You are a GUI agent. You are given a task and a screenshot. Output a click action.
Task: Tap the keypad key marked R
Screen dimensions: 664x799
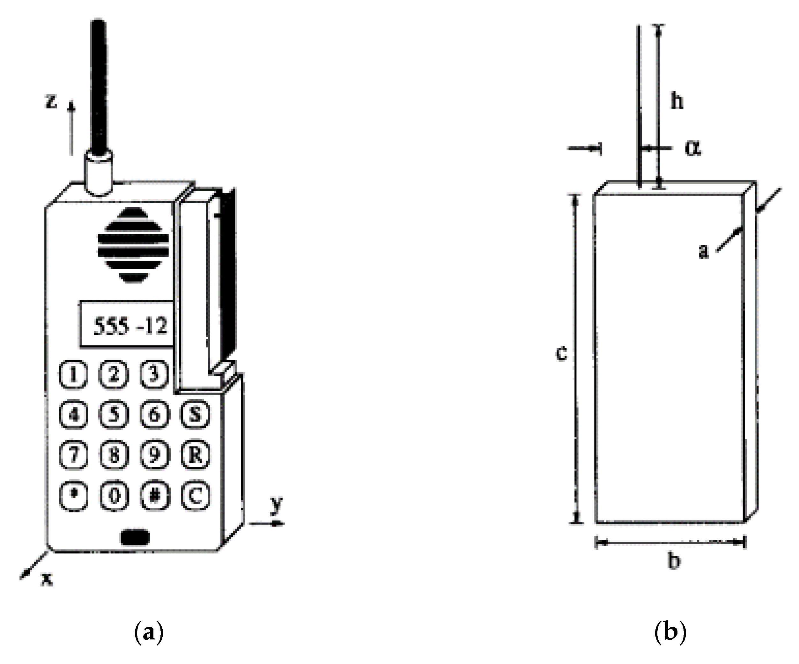coord(195,455)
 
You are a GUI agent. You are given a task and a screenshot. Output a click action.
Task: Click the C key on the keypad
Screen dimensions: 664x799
coord(195,495)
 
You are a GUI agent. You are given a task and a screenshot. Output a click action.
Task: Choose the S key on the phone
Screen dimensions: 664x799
coord(195,414)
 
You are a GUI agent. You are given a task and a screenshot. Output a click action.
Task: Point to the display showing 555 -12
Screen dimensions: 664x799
coord(128,325)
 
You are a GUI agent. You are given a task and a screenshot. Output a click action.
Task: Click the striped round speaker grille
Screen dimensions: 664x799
coord(133,246)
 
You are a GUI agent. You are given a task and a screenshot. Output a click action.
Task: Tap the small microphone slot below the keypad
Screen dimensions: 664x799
coord(135,537)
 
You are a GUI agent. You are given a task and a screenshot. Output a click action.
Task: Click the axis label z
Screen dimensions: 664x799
coord(51,101)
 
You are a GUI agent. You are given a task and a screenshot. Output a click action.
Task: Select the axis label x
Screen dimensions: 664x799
coord(47,579)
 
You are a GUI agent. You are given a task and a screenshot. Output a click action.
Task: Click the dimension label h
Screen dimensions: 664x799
coord(677,101)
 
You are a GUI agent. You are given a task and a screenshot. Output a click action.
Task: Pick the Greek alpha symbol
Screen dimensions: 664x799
coord(693,148)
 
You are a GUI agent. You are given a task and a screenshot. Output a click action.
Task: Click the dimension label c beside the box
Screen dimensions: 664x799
coord(561,353)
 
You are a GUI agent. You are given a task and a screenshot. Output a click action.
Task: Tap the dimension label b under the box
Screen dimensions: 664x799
coord(674,560)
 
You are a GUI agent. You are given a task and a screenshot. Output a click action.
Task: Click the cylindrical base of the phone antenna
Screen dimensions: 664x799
coord(98,173)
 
